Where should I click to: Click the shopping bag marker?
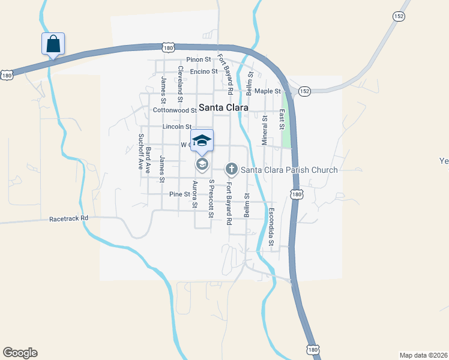coord(53,44)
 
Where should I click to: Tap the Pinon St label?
coord(199,59)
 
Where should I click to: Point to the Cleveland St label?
coord(180,81)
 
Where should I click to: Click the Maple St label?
coord(268,91)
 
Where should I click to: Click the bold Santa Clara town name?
coord(223,109)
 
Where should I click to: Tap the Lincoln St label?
coord(176,127)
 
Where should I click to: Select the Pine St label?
coord(179,194)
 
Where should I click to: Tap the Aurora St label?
coord(194,194)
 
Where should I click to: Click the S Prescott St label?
coord(211,199)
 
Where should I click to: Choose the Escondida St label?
coord(271,227)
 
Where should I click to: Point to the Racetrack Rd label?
coord(69,219)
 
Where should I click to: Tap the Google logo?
coord(20,353)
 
